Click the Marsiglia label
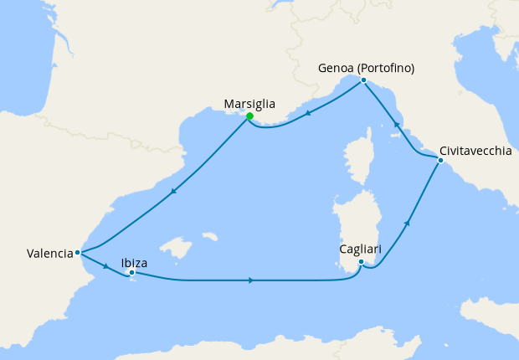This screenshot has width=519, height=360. [249, 105]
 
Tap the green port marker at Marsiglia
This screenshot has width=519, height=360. [249, 116]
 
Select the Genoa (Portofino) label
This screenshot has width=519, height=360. [367, 68]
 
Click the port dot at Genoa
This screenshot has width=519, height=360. [363, 80]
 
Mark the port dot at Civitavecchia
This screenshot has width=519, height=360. [440, 159]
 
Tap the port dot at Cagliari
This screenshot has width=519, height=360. [361, 262]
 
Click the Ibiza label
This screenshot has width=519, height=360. [135, 262]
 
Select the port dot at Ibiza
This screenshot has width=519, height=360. [131, 272]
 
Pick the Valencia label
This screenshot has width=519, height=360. [49, 252]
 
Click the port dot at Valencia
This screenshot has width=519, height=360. [77, 252]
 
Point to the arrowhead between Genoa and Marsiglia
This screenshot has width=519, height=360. [308, 114]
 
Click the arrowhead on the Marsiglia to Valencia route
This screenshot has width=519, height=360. [172, 192]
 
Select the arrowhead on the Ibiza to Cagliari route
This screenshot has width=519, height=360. [251, 280]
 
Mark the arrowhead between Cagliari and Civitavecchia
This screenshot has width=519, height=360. [408, 223]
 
